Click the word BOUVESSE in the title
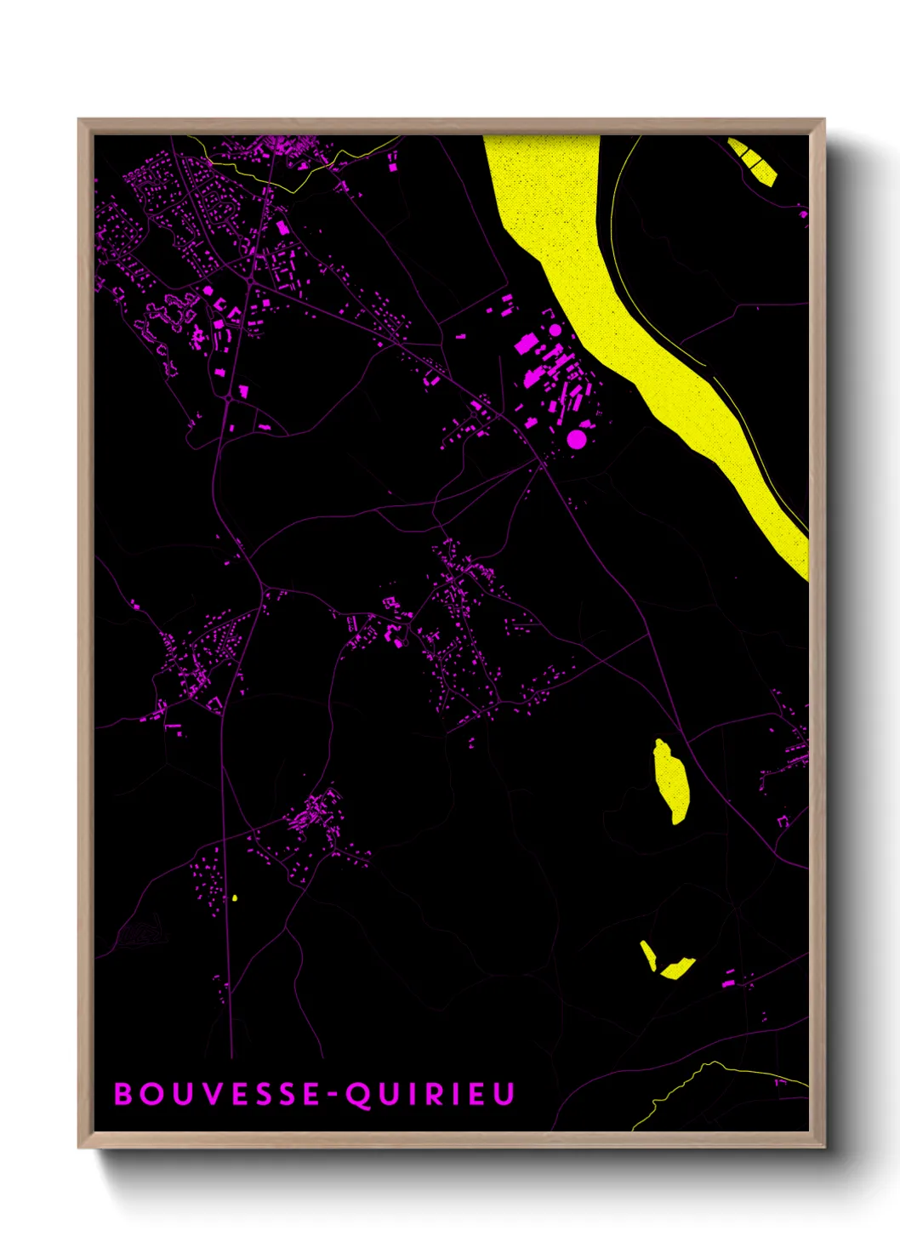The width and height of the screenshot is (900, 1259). pos(216,1094)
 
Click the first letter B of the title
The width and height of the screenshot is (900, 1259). pos(123,1094)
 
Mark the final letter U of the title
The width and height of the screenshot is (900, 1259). pos(504,1094)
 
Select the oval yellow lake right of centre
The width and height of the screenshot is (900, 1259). pos(671,778)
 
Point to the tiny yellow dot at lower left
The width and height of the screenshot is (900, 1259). pos(235,897)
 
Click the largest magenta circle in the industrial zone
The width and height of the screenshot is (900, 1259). pos(576,439)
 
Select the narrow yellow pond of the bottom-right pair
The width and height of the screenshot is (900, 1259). pos(648,954)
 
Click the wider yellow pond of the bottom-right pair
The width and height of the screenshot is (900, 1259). pos(677,968)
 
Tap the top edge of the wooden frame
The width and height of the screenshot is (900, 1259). pos(451,125)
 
